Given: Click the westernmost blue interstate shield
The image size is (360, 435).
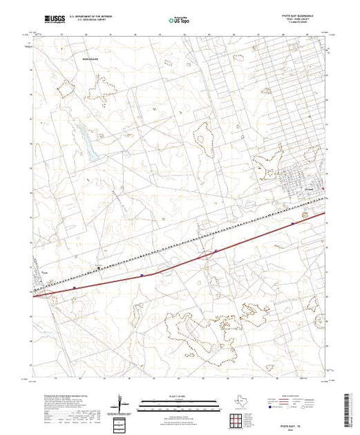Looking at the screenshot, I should [x=73, y=286].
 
